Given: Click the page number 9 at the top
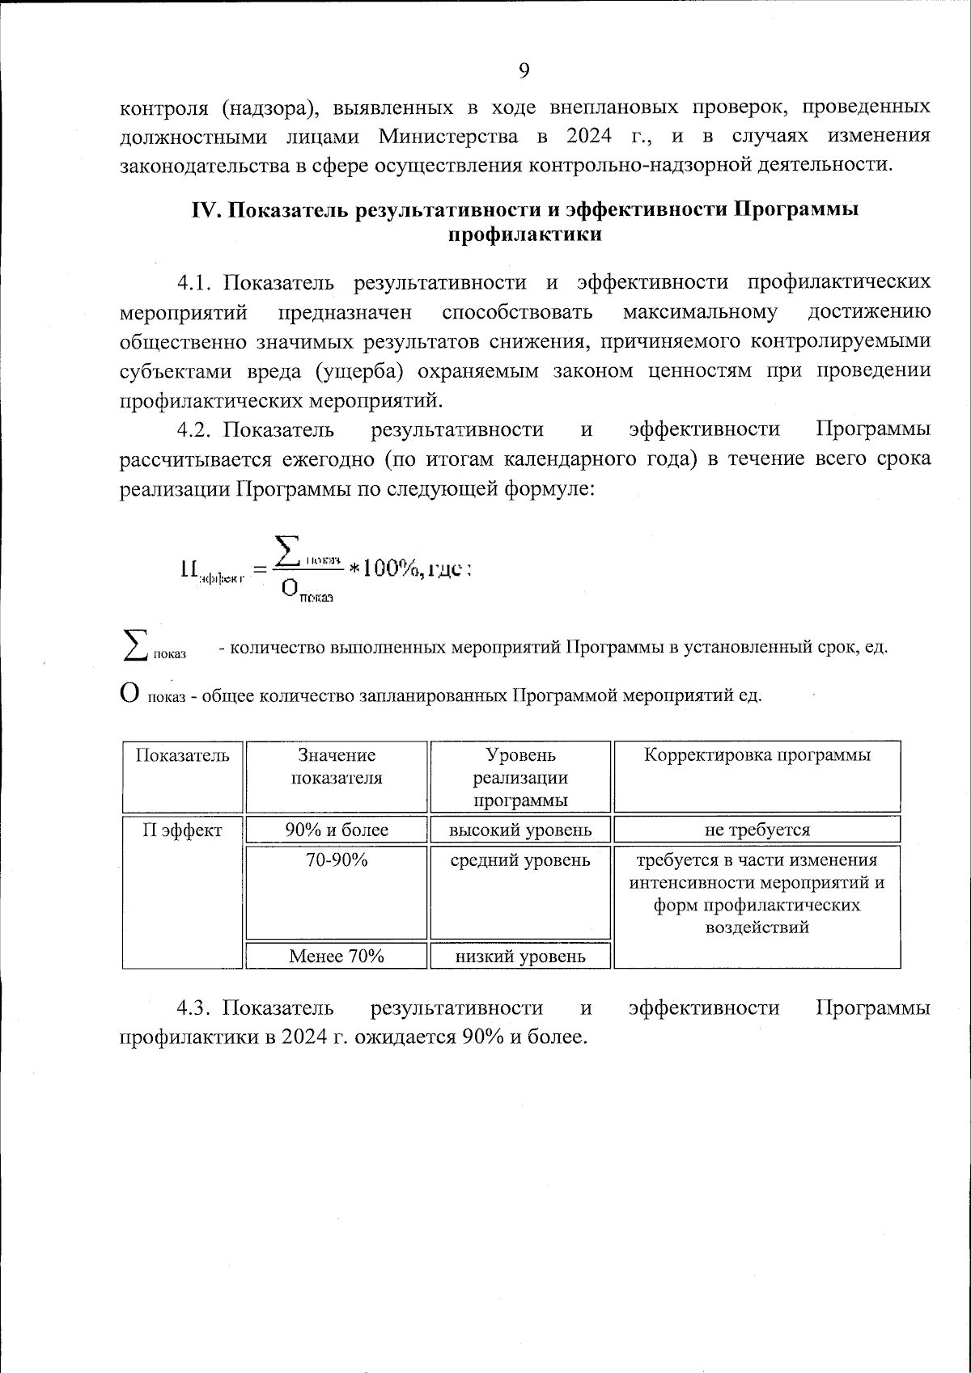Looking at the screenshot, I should [x=524, y=70].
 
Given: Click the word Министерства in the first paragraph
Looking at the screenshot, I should [x=449, y=135].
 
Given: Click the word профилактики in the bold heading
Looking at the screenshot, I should [x=525, y=234].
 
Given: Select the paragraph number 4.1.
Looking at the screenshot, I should [x=194, y=282].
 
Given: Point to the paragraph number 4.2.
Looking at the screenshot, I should [x=194, y=429].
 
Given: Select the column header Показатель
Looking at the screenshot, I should [x=183, y=755].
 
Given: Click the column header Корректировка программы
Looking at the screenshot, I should [x=757, y=755].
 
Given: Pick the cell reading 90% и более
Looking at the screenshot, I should [x=337, y=830].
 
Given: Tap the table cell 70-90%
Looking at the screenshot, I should [x=337, y=860].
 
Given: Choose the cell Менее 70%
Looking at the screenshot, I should [x=337, y=956].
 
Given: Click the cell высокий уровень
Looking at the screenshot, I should [x=520, y=830].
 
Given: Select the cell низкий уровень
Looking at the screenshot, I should [x=520, y=957].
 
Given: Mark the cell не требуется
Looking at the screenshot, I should [x=757, y=830].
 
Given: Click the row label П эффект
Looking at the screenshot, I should [x=183, y=830].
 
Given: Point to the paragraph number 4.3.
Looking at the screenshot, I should [x=194, y=1008].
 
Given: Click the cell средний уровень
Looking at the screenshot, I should [x=520, y=860].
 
